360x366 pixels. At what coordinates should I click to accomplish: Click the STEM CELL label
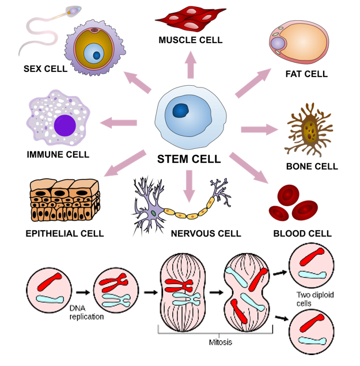tap(189, 159)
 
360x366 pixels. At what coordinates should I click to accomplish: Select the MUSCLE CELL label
tap(190, 40)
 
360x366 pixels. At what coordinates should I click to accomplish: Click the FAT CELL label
tap(306, 74)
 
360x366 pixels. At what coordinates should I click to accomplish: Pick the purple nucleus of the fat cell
tap(278, 43)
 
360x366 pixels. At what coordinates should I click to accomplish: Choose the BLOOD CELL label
tap(302, 234)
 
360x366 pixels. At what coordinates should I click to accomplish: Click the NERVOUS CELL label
tap(206, 234)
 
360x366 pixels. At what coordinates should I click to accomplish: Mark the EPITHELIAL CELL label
tap(65, 234)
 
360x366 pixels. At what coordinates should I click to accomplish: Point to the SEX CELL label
tap(45, 69)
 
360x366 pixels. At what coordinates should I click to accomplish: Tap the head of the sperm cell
tap(74, 10)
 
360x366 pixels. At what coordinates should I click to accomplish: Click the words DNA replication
tap(86, 312)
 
